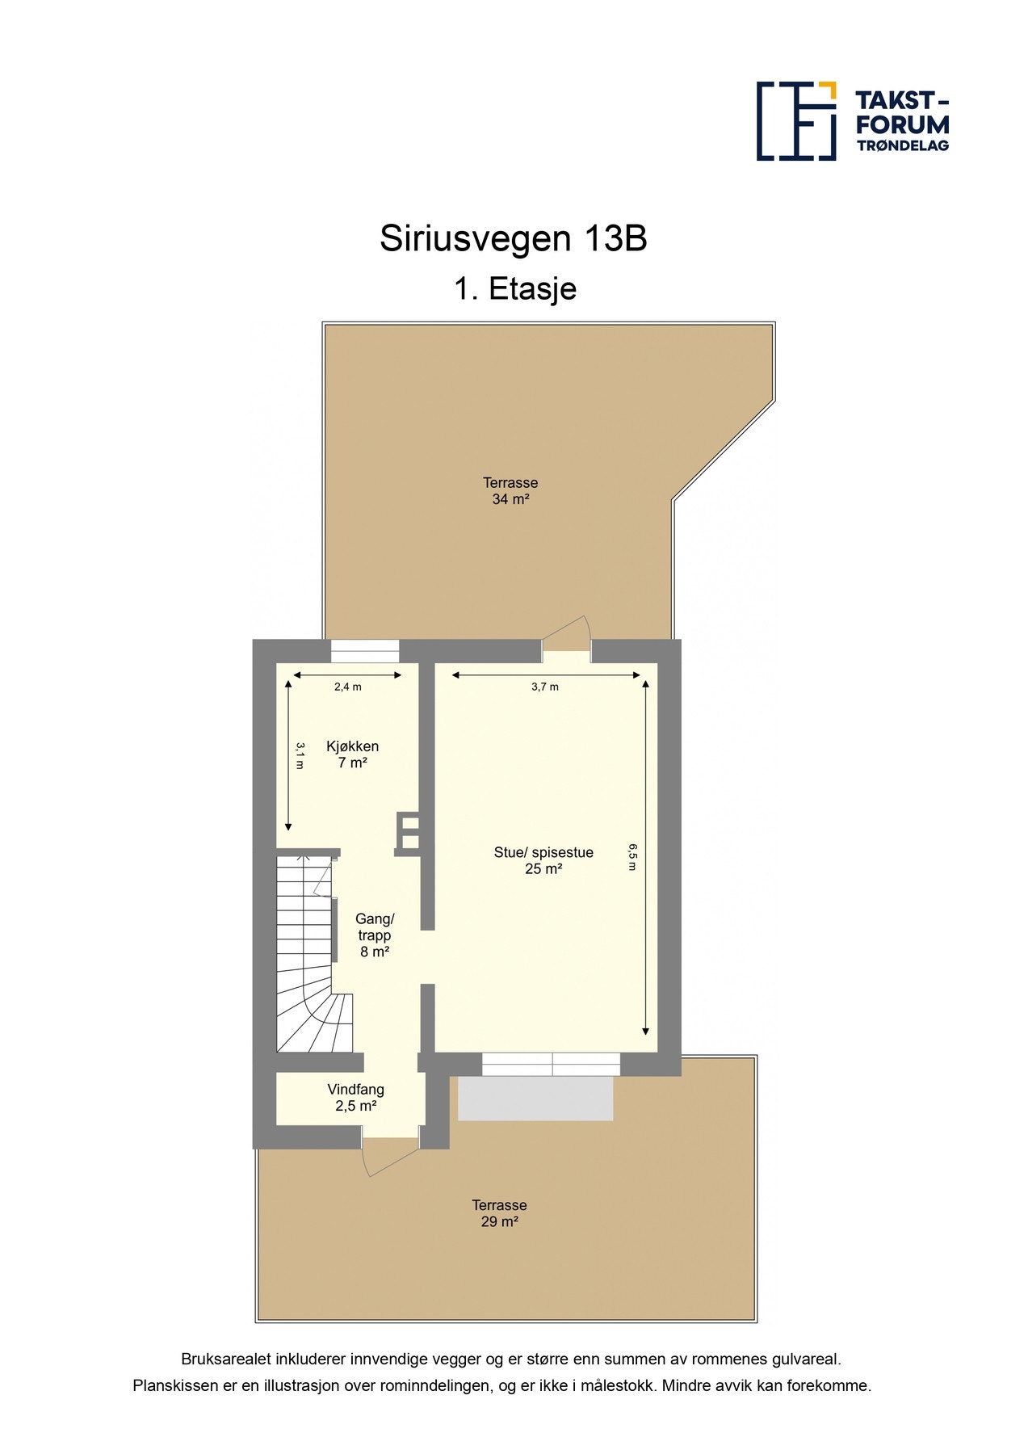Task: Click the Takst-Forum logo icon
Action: point(795,121)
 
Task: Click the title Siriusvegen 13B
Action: point(513,239)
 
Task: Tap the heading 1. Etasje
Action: point(514,289)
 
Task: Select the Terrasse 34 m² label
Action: point(510,491)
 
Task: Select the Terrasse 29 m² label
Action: point(499,1213)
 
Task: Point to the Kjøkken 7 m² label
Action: point(352,754)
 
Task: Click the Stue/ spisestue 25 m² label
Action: point(543,860)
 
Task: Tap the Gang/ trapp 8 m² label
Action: point(375,935)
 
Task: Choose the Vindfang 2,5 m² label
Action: point(355,1098)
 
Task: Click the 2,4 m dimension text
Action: point(347,687)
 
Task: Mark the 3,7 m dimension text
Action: point(544,687)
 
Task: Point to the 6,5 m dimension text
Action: point(633,856)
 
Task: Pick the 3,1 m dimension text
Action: point(300,755)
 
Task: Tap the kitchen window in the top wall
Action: point(365,651)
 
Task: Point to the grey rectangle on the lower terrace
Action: point(535,1099)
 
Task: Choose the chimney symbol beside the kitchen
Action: point(409,833)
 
